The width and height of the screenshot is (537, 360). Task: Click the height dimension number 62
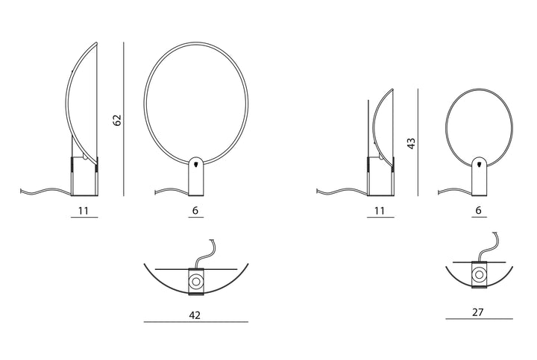117,120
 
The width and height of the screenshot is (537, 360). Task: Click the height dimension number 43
411,143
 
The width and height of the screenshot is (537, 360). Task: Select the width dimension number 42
195,315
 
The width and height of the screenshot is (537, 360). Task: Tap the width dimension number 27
478,312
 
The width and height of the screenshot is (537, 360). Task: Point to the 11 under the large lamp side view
84,210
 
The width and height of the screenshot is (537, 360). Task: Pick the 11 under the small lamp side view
380,210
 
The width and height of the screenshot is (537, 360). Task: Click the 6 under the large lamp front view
195,210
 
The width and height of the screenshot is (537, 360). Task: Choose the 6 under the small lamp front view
478,210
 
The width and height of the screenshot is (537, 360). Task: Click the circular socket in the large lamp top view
196,282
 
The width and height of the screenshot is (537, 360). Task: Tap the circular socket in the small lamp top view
479,275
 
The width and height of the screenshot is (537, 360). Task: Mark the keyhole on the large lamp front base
196,165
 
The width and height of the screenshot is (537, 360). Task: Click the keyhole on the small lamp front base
479,164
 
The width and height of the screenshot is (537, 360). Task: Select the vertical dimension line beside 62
124,119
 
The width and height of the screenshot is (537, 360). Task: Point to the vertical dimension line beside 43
418,142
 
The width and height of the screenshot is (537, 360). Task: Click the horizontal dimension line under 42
196,322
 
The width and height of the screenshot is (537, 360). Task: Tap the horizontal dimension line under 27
479,319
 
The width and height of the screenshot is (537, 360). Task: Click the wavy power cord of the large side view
46,192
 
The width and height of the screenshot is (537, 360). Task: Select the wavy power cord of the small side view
342,192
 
